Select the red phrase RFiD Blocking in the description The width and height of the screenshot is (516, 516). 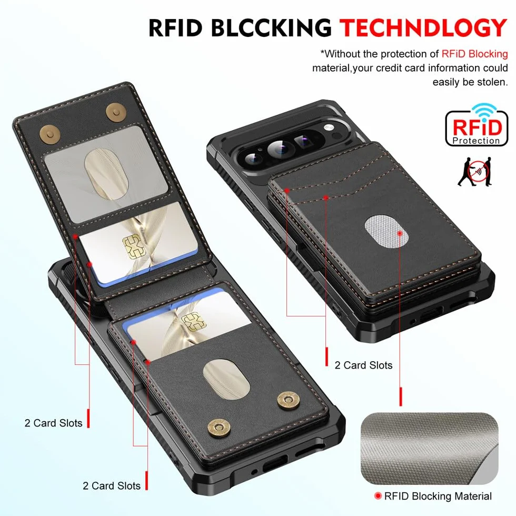pos(474,54)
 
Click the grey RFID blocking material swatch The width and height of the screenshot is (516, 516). pos(430,448)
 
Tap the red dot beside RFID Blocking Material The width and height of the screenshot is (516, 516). pos(378,495)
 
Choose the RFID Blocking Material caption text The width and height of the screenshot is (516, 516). pos(438,496)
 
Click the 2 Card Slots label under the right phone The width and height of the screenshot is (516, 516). pos(363,365)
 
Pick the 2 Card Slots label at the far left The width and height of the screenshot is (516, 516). pos(53,423)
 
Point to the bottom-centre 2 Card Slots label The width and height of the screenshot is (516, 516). pos(112,485)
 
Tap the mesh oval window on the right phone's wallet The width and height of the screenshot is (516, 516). pos(386,231)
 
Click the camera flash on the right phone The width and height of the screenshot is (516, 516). pos(329,127)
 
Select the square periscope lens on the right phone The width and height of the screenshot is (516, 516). pos(303,141)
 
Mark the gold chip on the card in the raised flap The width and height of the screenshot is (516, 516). pos(134,247)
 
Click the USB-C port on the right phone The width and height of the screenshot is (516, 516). pos(431,315)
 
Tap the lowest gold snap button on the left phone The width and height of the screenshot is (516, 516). pos(217,429)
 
